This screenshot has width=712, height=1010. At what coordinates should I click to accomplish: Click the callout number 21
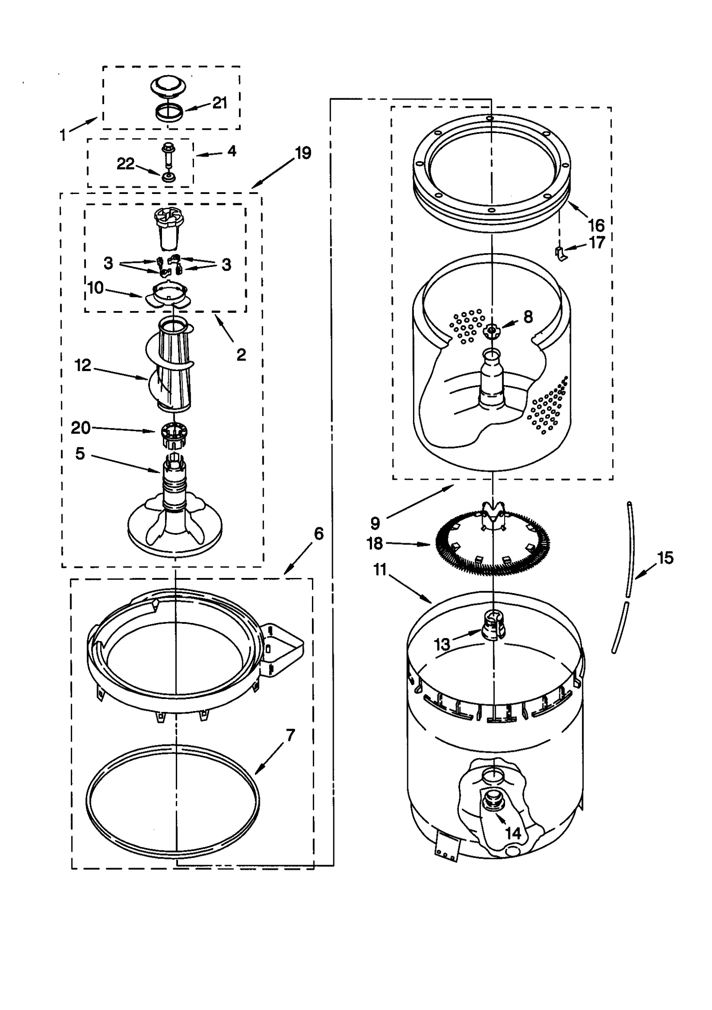(x=219, y=103)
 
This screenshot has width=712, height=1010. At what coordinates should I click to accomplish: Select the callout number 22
(x=125, y=164)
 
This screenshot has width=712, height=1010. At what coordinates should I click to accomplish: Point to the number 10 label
(x=96, y=288)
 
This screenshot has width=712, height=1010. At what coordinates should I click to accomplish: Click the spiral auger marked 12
(x=171, y=365)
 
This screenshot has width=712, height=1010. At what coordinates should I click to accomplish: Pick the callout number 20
(x=81, y=428)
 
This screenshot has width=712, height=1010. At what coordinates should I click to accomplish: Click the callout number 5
(x=80, y=453)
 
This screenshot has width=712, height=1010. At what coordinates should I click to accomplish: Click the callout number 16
(x=596, y=225)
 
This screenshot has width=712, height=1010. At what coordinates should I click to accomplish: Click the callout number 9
(x=375, y=523)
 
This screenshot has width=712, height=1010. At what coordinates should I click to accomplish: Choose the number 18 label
(x=375, y=543)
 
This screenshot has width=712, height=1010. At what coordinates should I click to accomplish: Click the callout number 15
(x=665, y=558)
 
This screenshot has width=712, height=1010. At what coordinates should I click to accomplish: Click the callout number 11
(x=380, y=569)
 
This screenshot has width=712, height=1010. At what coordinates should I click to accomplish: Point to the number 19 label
(x=303, y=153)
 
